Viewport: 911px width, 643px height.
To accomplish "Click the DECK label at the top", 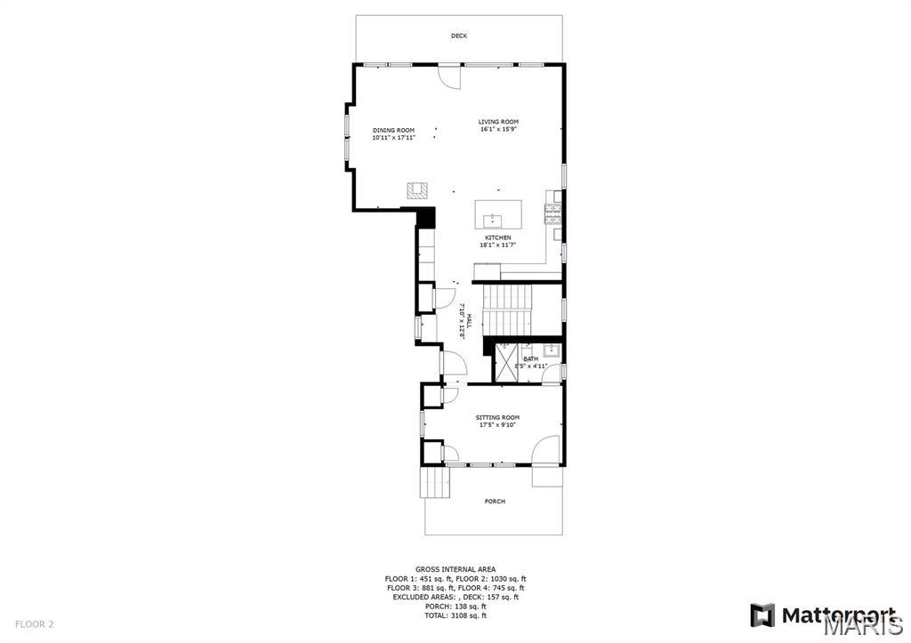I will pyautogui.click(x=458, y=36).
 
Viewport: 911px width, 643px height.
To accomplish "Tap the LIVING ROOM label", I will pyautogui.click(x=498, y=122).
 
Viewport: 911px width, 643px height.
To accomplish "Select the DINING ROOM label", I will pyautogui.click(x=393, y=131).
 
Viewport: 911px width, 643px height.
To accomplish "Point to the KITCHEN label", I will pyautogui.click(x=497, y=237).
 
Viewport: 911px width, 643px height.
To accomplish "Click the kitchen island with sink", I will pyautogui.click(x=498, y=215).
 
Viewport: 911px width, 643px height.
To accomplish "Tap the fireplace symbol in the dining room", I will pyautogui.click(x=417, y=189).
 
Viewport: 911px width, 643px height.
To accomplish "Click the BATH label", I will pyautogui.click(x=530, y=358).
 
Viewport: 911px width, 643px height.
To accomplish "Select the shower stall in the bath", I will pyautogui.click(x=505, y=361).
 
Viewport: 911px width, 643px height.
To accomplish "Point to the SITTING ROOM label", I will pyautogui.click(x=497, y=417).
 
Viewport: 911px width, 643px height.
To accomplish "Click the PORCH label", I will pyautogui.click(x=495, y=502).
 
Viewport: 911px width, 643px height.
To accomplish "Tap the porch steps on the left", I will pyautogui.click(x=436, y=484).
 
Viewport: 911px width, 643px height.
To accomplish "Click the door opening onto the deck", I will pyautogui.click(x=451, y=77).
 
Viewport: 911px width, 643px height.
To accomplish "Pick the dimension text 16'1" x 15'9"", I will pyautogui.click(x=498, y=130).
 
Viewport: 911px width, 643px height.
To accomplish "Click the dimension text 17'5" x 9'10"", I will pyautogui.click(x=497, y=425).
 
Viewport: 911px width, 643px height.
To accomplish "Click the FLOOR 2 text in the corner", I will pyautogui.click(x=35, y=624).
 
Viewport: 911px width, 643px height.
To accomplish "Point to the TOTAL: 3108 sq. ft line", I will pyautogui.click(x=456, y=615).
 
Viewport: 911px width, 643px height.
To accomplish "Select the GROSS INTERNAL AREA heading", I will pyautogui.click(x=455, y=569).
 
